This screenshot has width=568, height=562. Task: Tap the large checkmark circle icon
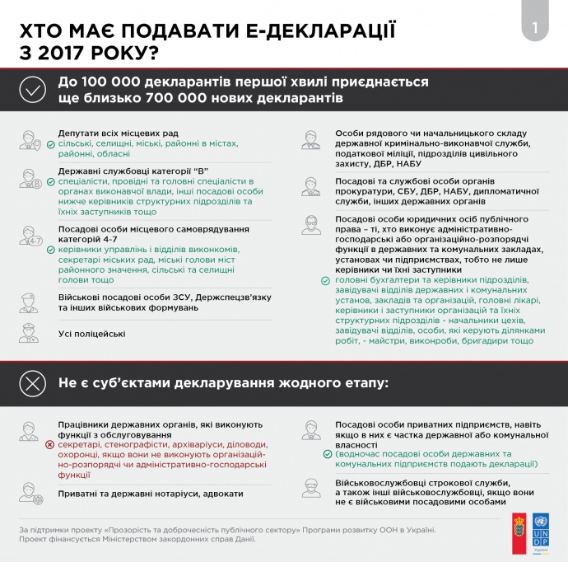[32, 90]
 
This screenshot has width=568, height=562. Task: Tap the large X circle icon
[32, 383]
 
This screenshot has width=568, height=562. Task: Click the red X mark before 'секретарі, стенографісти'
[50, 443]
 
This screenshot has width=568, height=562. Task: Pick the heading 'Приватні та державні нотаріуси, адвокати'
[151, 493]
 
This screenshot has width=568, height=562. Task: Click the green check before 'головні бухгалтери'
[327, 279]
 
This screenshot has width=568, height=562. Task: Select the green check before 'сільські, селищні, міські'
[50, 143]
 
